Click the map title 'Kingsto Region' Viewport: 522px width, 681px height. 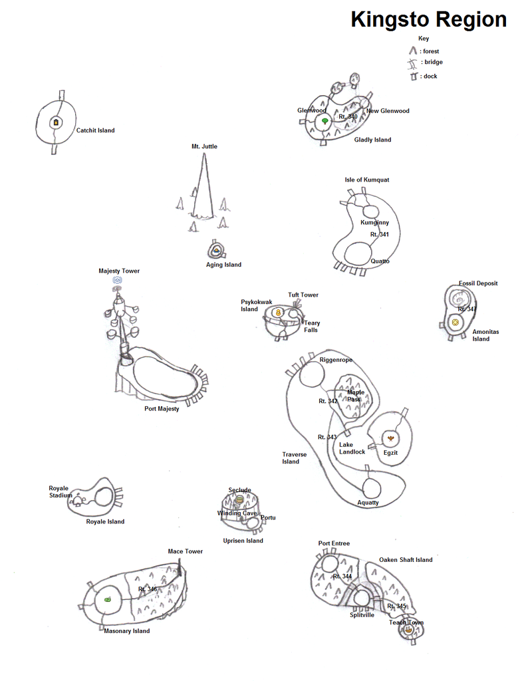click(x=428, y=19)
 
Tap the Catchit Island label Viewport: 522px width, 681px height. click(x=95, y=130)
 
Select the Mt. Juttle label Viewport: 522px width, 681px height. click(x=204, y=146)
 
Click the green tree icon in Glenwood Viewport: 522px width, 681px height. click(x=325, y=122)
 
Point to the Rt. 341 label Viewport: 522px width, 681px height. click(x=380, y=235)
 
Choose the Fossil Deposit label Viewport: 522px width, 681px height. click(x=477, y=283)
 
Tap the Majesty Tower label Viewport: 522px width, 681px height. click(x=119, y=271)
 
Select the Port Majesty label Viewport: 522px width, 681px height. click(x=162, y=409)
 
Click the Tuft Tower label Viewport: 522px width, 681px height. click(x=303, y=295)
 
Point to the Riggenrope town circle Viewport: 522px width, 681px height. click(x=311, y=376)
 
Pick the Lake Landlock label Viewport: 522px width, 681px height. click(x=352, y=448)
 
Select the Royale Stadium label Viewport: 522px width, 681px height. click(x=59, y=491)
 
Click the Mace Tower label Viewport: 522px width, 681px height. click(x=185, y=551)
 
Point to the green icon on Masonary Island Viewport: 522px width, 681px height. click(x=107, y=600)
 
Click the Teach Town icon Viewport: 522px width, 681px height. click(x=406, y=632)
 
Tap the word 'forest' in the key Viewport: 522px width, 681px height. click(x=430, y=51)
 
